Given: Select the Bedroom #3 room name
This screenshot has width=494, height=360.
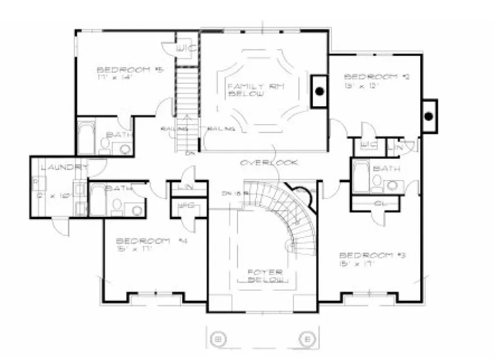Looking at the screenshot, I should coord(365,255).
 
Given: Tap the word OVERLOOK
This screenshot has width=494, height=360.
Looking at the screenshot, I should coord(270,163).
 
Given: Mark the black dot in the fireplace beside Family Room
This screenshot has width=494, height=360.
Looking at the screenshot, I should coord(320,92).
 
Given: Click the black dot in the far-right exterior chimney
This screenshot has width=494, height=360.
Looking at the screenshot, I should coord(428,115).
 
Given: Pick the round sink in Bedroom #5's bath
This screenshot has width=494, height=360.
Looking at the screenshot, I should coord(124,148).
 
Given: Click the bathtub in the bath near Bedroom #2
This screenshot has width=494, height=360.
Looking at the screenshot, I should coord(360,176).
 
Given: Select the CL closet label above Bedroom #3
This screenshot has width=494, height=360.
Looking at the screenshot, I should coord(378,203).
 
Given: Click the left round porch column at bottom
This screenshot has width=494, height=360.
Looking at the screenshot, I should coord(218,339).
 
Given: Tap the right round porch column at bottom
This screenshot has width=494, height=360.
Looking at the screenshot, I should coord(306,339).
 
